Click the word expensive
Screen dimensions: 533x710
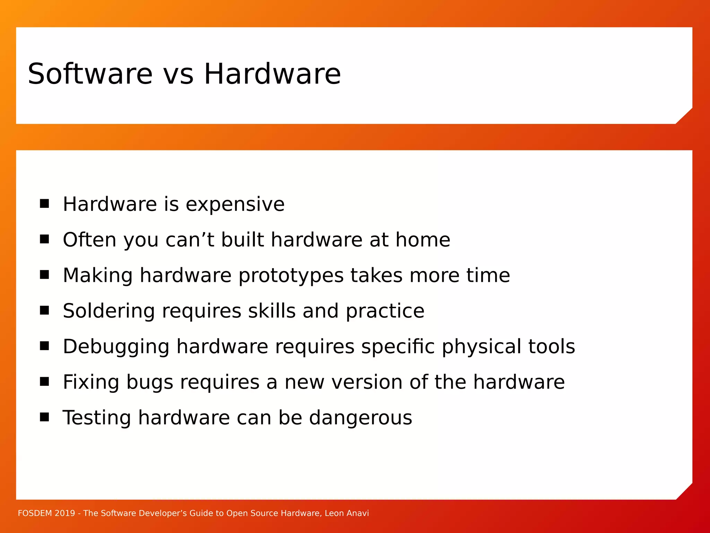point(235,205)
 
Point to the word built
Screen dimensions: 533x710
point(242,240)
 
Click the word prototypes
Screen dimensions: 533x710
point(291,276)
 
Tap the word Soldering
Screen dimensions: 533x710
point(109,311)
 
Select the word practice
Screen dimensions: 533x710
point(385,311)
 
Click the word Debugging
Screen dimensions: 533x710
point(116,347)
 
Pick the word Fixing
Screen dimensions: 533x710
point(91,382)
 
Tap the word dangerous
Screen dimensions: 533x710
point(360,418)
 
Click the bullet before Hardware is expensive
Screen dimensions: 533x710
point(44,203)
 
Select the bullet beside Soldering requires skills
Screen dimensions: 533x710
point(44,310)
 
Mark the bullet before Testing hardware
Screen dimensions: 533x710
point(44,417)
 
